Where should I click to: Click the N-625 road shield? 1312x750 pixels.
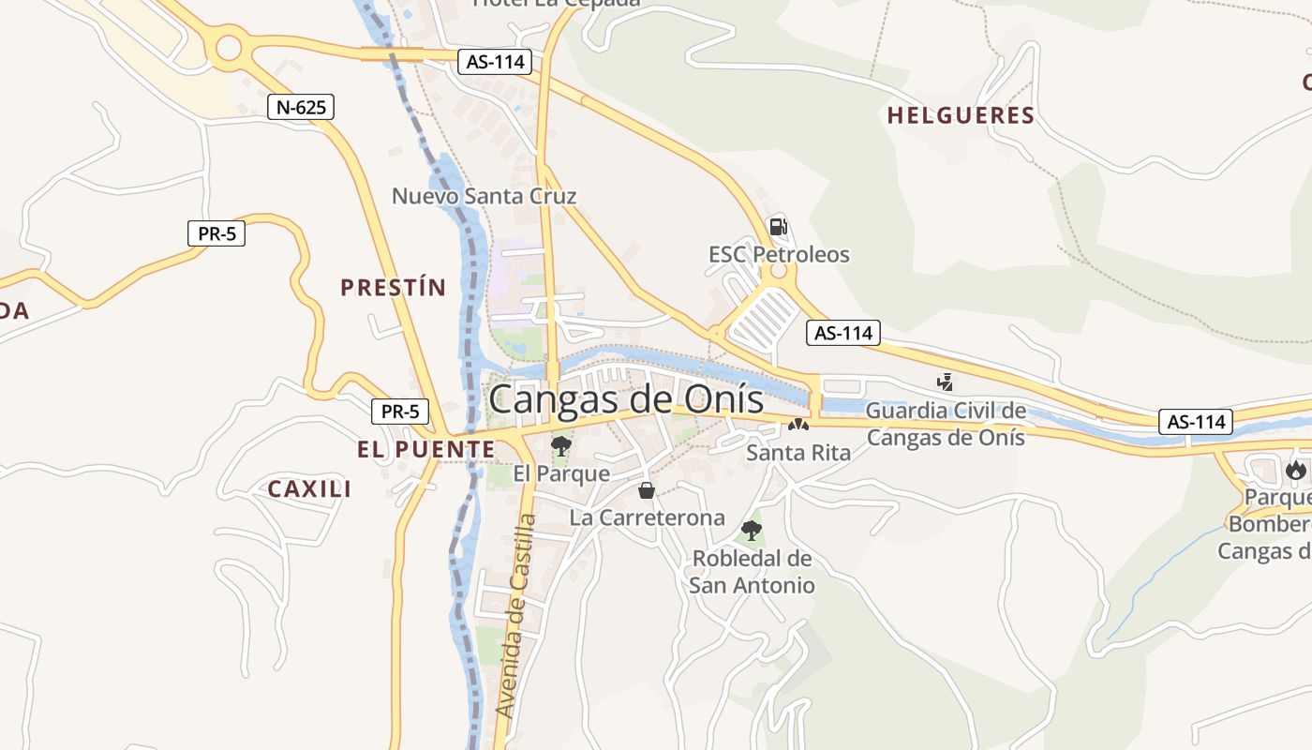click(x=301, y=107)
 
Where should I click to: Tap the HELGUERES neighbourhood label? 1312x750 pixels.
click(x=961, y=116)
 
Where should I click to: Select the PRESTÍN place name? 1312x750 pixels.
click(x=393, y=288)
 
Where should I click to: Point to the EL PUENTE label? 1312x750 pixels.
click(x=425, y=450)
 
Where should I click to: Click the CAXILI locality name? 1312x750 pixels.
click(x=309, y=488)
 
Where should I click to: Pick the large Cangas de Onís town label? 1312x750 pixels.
click(x=626, y=399)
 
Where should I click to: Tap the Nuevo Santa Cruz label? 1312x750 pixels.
click(x=484, y=196)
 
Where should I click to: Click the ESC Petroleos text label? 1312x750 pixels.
click(x=779, y=254)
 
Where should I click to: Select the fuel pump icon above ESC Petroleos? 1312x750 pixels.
click(x=777, y=226)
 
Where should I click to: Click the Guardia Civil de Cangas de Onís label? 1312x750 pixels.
click(x=946, y=424)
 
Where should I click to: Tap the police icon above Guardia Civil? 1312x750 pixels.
click(x=945, y=382)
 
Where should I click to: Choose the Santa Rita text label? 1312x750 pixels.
click(x=798, y=453)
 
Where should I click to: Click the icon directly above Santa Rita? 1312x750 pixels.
click(x=798, y=425)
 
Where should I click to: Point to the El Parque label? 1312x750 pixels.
click(x=561, y=473)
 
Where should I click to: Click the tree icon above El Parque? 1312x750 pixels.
click(x=561, y=445)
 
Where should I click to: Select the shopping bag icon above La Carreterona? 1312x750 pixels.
click(x=647, y=489)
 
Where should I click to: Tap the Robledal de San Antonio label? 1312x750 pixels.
click(x=752, y=572)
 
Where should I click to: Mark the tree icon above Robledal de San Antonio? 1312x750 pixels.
click(x=751, y=530)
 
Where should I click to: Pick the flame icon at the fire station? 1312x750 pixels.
click(x=1296, y=469)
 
